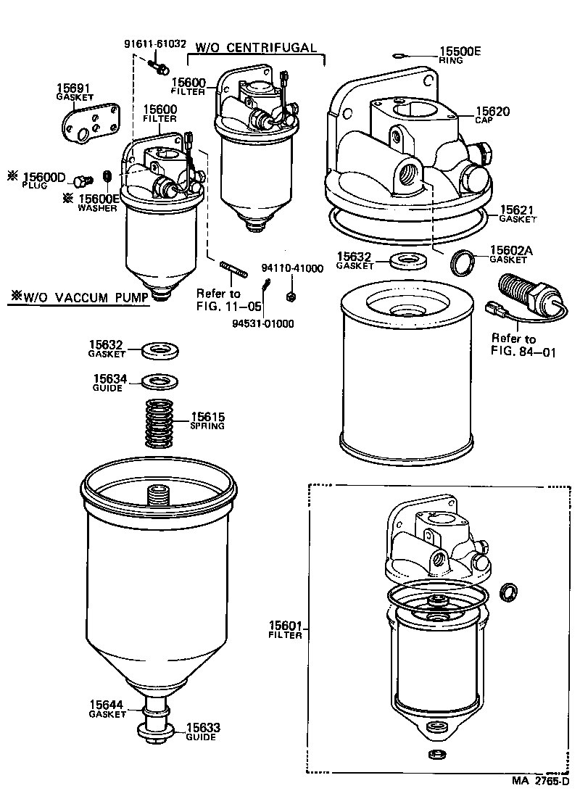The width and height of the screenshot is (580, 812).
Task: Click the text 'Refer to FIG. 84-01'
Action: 513,345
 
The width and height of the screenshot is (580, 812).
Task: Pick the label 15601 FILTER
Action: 285,629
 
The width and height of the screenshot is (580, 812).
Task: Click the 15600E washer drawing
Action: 107,176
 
